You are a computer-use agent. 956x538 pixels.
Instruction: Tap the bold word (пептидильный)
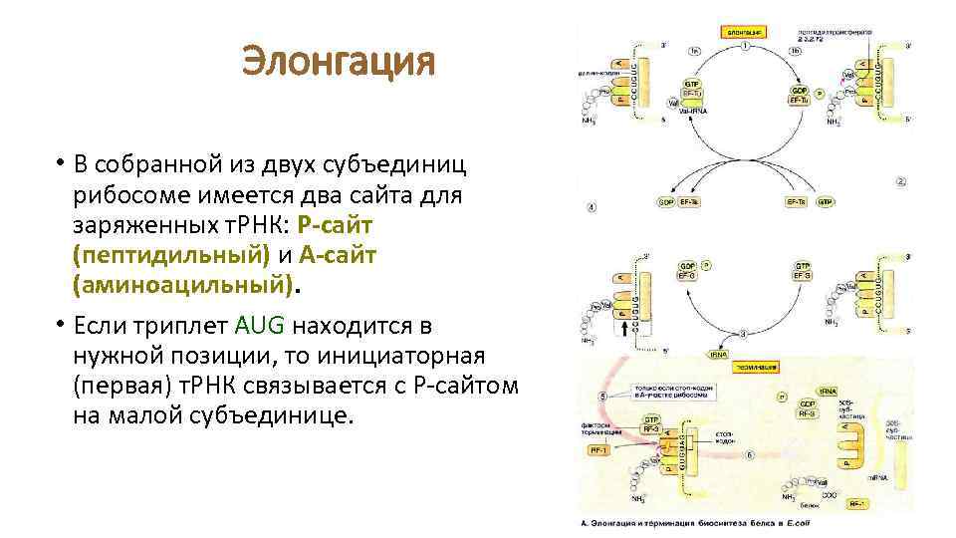point(170,255)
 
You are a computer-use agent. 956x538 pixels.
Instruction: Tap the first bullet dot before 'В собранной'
point(60,164)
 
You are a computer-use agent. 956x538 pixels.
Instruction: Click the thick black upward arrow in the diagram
point(625,326)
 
